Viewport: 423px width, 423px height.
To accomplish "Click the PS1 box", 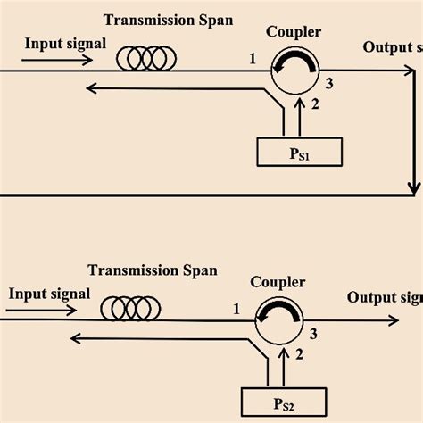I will [299, 153].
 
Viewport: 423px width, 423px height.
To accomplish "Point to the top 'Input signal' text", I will [64, 43].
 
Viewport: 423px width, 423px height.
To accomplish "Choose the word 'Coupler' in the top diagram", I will [293, 32].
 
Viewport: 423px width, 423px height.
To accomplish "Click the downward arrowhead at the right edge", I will [414, 188].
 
